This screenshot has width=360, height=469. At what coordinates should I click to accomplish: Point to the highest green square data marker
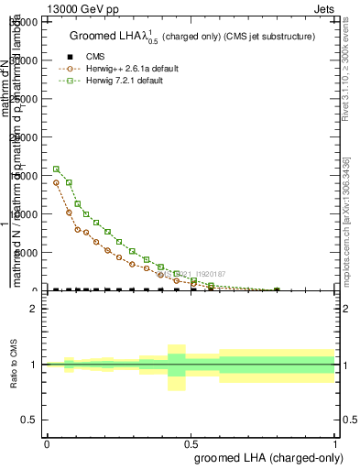[x=57, y=169]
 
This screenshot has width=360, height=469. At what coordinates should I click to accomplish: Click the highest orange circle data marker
[x=57, y=182]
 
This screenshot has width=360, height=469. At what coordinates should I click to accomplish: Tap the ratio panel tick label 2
[x=34, y=309]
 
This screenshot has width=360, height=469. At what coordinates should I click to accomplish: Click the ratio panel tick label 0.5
[x=30, y=420]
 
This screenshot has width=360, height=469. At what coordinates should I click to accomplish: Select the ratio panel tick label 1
[x=34, y=365]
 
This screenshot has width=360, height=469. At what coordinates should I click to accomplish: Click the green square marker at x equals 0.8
[x=277, y=289]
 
